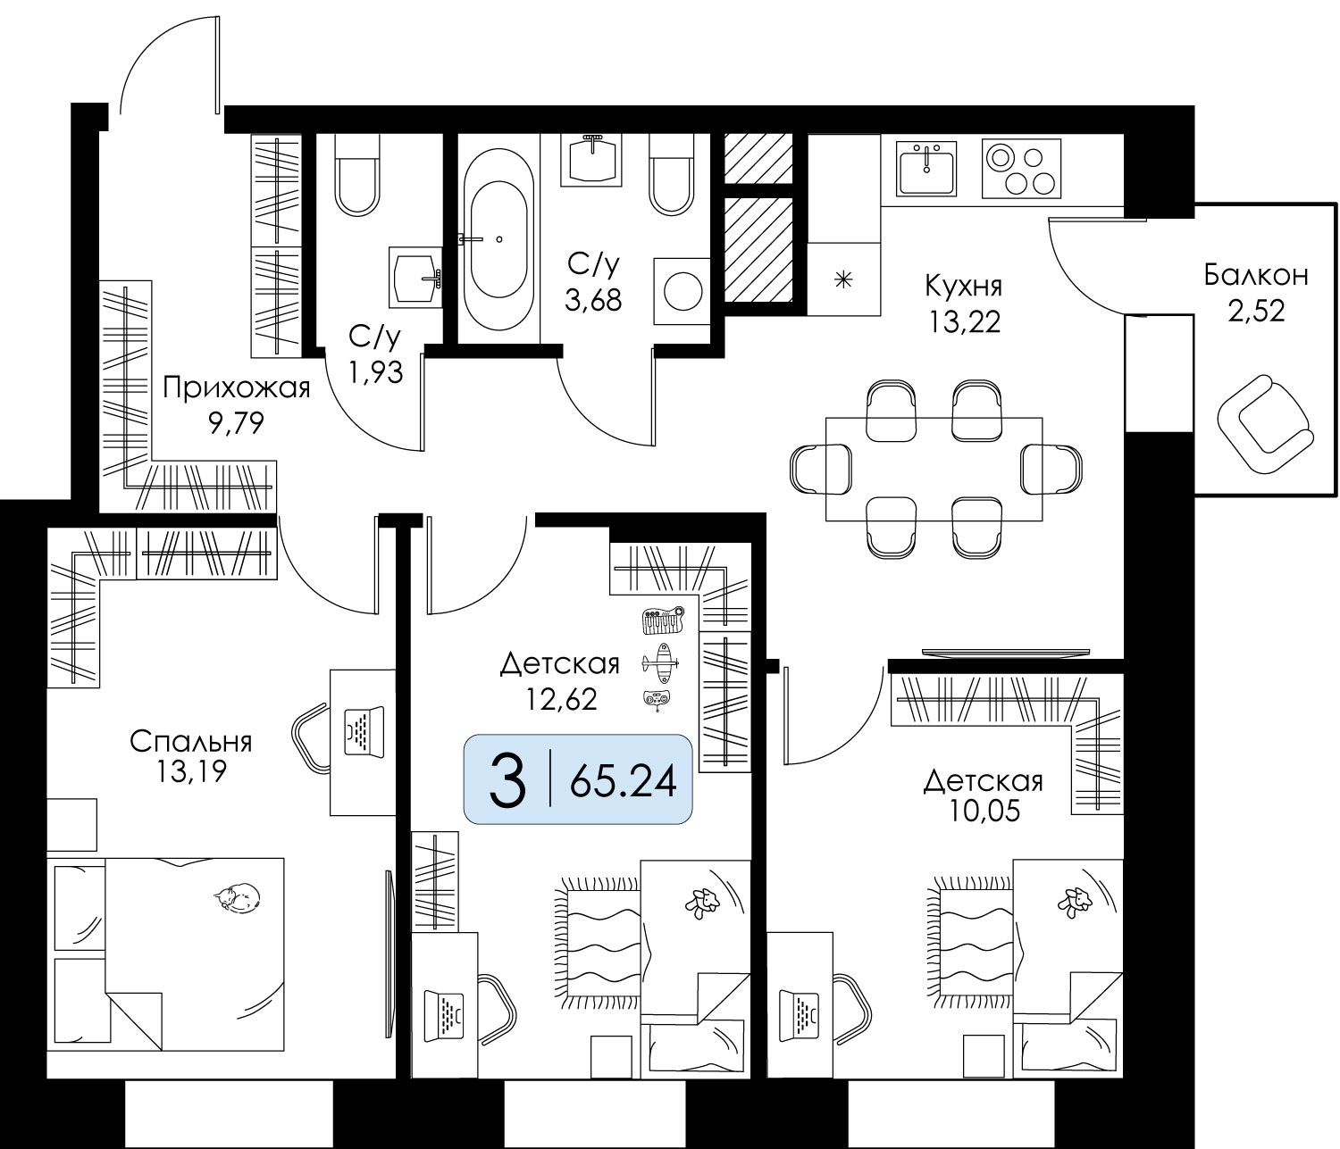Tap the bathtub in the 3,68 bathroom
498,239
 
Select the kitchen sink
926,169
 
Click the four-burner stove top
1021,169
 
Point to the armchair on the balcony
1265,425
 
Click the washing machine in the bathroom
682,291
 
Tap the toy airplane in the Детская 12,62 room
660,663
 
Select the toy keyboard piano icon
663,620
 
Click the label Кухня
963,286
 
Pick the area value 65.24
623,781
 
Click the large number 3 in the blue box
507,780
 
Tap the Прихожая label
237,389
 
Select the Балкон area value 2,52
1256,312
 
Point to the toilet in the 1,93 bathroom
357,175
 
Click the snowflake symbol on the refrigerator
843,280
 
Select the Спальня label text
190,742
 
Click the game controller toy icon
656,701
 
